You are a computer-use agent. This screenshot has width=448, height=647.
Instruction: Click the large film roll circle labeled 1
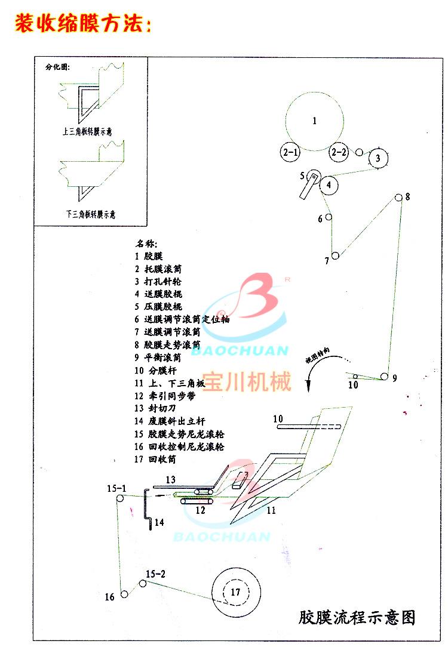click(315, 122)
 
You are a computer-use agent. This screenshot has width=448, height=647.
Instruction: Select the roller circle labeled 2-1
click(290, 152)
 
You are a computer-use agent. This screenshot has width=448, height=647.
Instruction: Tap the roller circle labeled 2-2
click(339, 152)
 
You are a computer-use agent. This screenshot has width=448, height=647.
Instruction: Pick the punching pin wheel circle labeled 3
click(378, 158)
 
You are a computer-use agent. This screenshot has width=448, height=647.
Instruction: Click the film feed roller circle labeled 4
click(329, 184)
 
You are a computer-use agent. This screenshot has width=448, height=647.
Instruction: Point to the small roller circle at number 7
click(335, 255)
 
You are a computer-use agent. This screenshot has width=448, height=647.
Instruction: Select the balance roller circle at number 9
click(385, 377)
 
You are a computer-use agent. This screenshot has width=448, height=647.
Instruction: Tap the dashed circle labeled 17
click(235, 592)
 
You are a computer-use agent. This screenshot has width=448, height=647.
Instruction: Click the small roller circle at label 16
click(124, 593)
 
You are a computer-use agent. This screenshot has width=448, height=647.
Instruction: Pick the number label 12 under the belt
click(200, 510)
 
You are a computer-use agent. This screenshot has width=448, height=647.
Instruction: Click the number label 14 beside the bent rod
click(158, 522)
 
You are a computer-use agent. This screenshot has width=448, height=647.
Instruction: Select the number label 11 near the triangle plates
click(271, 510)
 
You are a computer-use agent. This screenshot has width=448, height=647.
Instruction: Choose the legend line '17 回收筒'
click(156, 460)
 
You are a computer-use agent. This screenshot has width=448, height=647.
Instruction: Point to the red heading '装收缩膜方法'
click(83, 23)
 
